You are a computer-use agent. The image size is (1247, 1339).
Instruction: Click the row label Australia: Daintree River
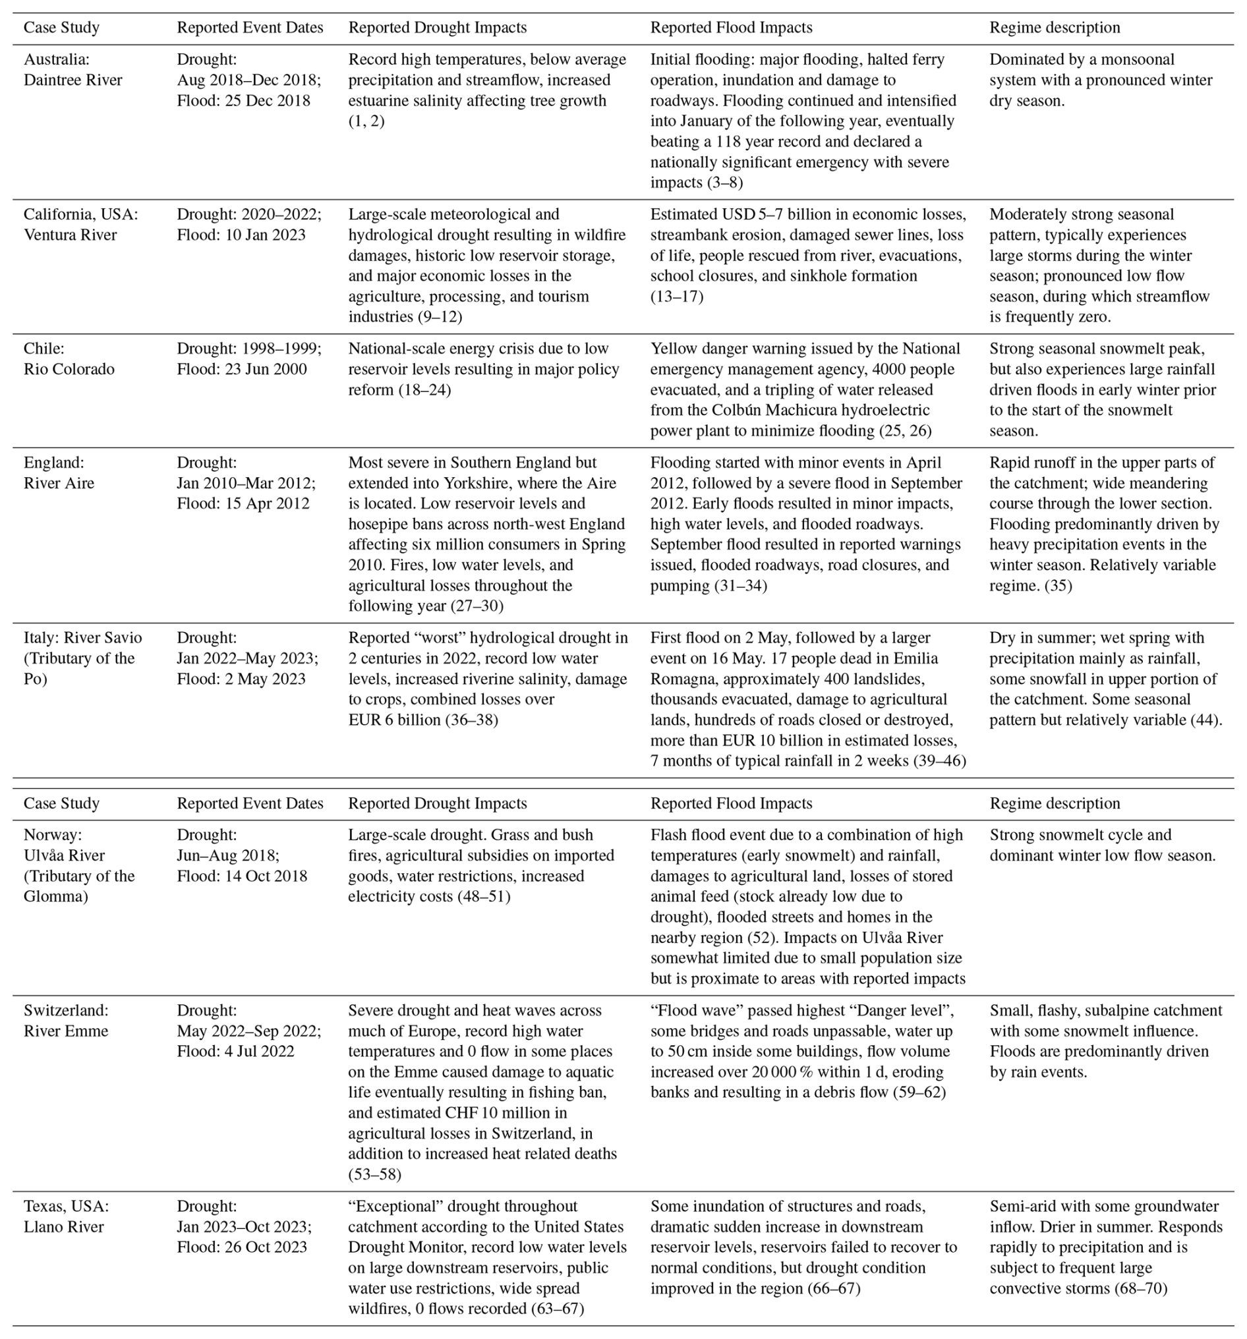tap(72, 69)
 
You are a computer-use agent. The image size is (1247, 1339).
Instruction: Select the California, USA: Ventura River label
tap(80, 224)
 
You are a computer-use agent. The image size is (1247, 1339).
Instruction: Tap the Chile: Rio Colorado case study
tap(69, 358)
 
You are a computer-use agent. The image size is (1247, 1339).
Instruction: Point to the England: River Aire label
tap(59, 472)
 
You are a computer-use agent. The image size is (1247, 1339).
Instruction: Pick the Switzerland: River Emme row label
tap(65, 1020)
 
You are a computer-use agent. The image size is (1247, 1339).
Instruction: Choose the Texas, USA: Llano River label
tap(65, 1216)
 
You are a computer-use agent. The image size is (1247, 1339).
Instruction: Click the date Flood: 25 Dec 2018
tap(243, 100)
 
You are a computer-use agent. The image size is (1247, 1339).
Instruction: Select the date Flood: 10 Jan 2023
tap(241, 235)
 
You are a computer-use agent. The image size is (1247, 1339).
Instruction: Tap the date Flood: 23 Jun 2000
tap(241, 368)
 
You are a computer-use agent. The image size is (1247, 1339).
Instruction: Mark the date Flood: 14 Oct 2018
tap(242, 876)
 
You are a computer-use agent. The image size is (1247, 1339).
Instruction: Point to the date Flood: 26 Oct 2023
tap(242, 1247)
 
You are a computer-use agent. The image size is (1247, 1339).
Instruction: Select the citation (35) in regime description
tap(1058, 584)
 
